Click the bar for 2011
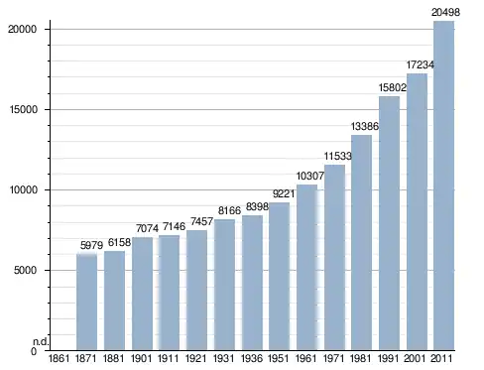tap(443, 185)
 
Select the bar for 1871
tap(86, 303)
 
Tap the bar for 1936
tap(252, 283)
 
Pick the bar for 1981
tap(361, 243)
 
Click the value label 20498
tap(445, 12)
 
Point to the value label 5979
tap(91, 245)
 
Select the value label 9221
tap(284, 193)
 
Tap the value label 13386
tap(364, 126)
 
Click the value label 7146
tap(174, 226)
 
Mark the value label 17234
tap(420, 64)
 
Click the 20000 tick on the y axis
tap(22, 29)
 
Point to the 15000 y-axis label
tap(23, 109)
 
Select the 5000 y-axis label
tap(25, 270)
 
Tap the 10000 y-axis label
tap(23, 189)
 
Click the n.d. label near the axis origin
tap(41, 342)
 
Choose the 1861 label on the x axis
tap(60, 358)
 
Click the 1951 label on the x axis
tap(279, 358)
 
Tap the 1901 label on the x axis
tap(142, 358)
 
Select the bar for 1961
tap(306, 267)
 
